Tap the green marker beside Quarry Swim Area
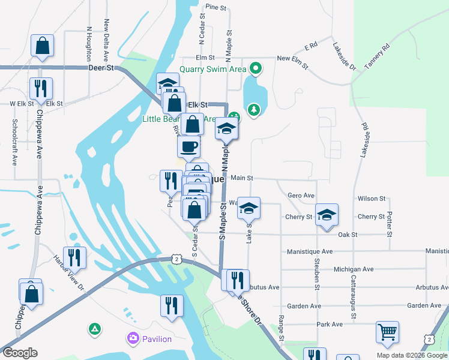(256, 68)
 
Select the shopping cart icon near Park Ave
(387, 332)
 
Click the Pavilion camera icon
(132, 338)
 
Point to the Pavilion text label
(157, 339)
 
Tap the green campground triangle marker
(94, 329)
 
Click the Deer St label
(101, 68)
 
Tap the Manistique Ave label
(310, 251)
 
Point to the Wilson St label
(371, 199)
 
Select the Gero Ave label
(301, 196)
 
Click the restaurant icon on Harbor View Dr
(74, 257)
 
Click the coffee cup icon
(188, 146)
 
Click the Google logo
(20, 353)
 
